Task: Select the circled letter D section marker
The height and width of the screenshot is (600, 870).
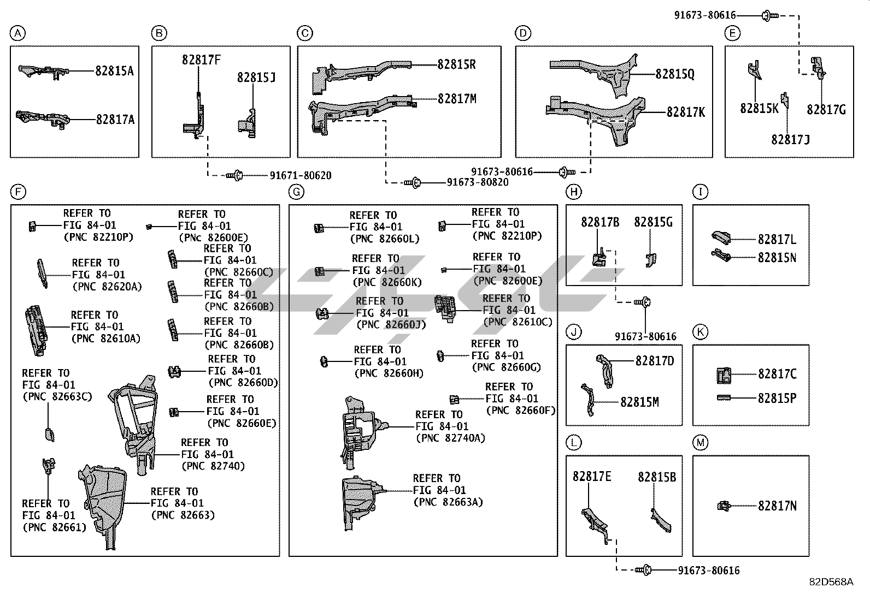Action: click(523, 34)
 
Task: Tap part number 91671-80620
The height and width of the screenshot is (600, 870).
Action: click(300, 176)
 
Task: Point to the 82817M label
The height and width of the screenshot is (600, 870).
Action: click(457, 99)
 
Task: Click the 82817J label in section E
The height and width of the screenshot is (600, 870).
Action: click(790, 140)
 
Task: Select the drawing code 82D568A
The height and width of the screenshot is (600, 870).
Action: click(831, 582)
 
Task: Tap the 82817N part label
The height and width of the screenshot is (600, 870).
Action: click(777, 506)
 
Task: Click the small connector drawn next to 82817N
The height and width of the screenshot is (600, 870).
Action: click(724, 506)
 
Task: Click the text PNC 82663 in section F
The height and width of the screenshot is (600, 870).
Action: click(183, 515)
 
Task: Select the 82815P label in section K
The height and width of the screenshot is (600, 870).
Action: click(777, 399)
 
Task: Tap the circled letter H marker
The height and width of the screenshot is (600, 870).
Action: click(573, 192)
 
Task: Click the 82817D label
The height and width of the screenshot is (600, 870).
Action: click(655, 361)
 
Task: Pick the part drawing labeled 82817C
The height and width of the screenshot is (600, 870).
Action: click(724, 375)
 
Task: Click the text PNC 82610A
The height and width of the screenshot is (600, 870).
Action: click(105, 338)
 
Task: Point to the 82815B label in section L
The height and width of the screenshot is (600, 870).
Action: click(657, 477)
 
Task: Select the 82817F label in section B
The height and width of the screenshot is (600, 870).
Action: click(202, 60)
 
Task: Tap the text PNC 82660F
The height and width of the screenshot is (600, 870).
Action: click(520, 411)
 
